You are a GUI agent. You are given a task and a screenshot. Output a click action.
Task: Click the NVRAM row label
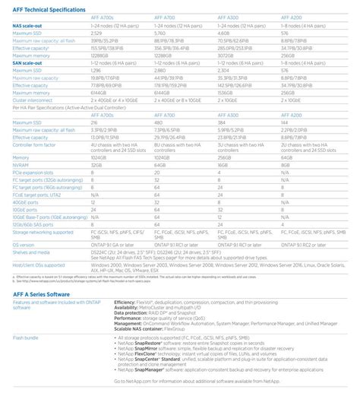point(21,163)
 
